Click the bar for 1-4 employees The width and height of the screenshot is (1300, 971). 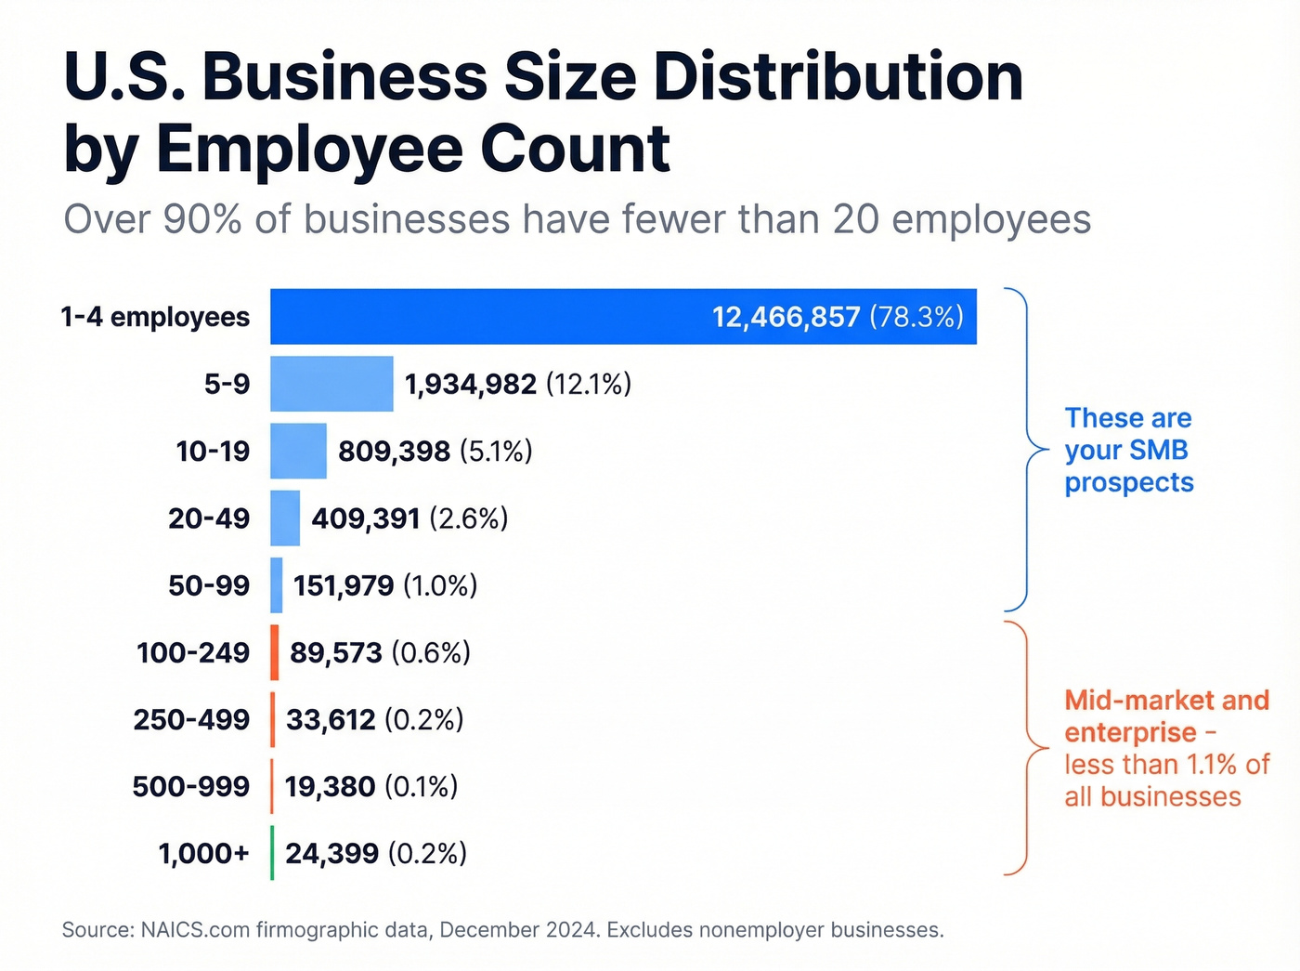tap(622, 317)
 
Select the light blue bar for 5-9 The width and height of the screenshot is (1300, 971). tap(331, 384)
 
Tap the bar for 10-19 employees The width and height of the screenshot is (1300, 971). tap(298, 452)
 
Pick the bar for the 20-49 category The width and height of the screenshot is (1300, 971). tap(285, 518)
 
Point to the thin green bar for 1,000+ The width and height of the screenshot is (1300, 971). tap(272, 853)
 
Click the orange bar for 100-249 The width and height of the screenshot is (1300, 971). tap(275, 652)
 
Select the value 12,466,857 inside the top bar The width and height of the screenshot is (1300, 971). tap(786, 318)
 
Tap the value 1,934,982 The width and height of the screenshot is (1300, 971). tap(470, 385)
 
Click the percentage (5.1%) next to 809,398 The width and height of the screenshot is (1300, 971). tap(496, 452)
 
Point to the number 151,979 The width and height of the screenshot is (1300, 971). tap(344, 586)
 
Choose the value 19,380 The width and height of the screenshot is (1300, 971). tap(330, 787)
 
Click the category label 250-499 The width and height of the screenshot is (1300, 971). tap(191, 720)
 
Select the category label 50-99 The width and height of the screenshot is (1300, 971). tap(209, 586)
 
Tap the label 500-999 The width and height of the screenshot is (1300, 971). tap(190, 787)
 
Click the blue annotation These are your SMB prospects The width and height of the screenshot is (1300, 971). tap(1128, 451)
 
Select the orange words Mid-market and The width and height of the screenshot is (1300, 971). tap(1166, 701)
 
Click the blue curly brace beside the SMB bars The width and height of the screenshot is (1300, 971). tap(1028, 450)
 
